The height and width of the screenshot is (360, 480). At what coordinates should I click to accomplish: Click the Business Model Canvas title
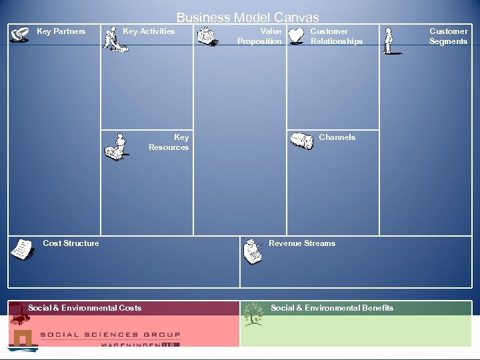pyautogui.click(x=247, y=18)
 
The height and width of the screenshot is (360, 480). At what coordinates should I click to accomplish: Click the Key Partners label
pyautogui.click(x=61, y=31)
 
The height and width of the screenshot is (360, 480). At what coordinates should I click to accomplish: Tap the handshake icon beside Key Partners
pyautogui.click(x=21, y=34)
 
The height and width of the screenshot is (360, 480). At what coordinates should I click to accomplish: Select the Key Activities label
pyautogui.click(x=149, y=31)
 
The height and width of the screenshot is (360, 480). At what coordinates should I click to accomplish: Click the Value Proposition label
pyautogui.click(x=261, y=36)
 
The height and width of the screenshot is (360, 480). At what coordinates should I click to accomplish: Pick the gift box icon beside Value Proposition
pyautogui.click(x=207, y=37)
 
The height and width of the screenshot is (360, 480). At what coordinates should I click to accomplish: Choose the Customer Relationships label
pyautogui.click(x=337, y=36)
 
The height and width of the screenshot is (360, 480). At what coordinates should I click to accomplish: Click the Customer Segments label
pyautogui.click(x=448, y=36)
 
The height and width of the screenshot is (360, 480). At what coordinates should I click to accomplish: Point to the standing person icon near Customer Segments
pyautogui.click(x=389, y=41)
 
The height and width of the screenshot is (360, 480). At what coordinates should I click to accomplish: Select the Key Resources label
pyautogui.click(x=169, y=142)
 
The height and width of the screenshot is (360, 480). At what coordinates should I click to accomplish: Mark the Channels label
pyautogui.click(x=337, y=137)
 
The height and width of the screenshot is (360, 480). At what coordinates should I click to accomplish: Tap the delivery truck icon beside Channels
pyautogui.click(x=301, y=141)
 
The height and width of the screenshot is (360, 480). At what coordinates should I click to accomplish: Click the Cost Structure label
pyautogui.click(x=71, y=243)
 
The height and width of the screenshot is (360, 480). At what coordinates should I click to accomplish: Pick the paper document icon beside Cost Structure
pyautogui.click(x=23, y=249)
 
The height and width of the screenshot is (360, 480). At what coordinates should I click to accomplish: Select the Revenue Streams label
pyautogui.click(x=302, y=243)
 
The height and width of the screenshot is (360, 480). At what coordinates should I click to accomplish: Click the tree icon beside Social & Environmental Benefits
pyautogui.click(x=253, y=313)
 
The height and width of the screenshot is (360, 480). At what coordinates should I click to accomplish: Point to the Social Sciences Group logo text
pyautogui.click(x=110, y=335)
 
